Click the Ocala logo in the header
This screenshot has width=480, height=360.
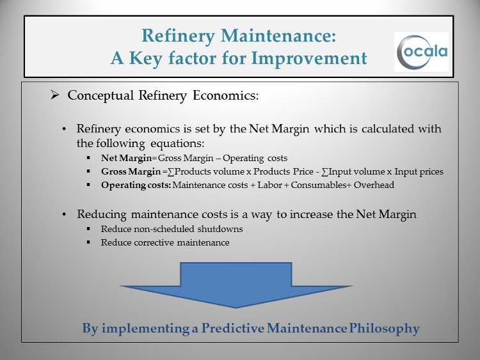422,52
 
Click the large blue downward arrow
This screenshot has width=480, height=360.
236,285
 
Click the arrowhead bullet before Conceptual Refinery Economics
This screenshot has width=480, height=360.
55,95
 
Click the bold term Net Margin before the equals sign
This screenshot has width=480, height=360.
127,158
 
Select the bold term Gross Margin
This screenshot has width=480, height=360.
131,171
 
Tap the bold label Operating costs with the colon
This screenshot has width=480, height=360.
136,185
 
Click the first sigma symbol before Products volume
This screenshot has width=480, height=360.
171,172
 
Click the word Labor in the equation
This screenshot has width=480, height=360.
269,185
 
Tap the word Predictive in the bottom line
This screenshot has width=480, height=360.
233,328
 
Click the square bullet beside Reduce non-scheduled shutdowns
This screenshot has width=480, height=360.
88,228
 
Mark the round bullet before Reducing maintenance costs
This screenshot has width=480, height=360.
64,214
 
